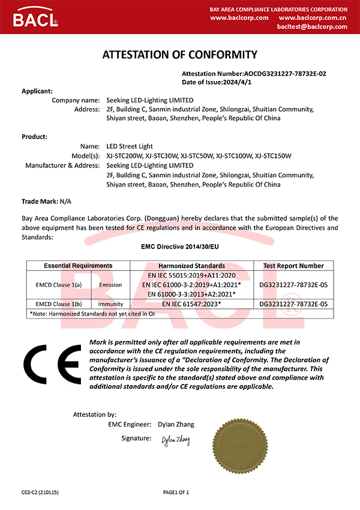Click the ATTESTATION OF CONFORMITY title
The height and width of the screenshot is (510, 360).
pyautogui.click(x=180, y=55)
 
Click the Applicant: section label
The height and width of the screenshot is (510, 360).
pyautogui.click(x=38, y=91)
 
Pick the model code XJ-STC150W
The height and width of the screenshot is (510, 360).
pyautogui.click(x=273, y=156)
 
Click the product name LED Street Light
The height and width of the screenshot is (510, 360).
pyautogui.click(x=129, y=146)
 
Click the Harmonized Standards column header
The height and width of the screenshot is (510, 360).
pyautogui.click(x=191, y=266)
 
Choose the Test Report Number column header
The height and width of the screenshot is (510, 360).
pyautogui.click(x=293, y=266)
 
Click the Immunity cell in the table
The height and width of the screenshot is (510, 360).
pyautogui.click(x=110, y=304)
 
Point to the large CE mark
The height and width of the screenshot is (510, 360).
pyautogui.click(x=53, y=365)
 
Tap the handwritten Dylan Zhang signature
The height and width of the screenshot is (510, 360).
pyautogui.click(x=175, y=440)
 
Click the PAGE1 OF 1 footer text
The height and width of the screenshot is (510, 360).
pyautogui.click(x=176, y=493)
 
